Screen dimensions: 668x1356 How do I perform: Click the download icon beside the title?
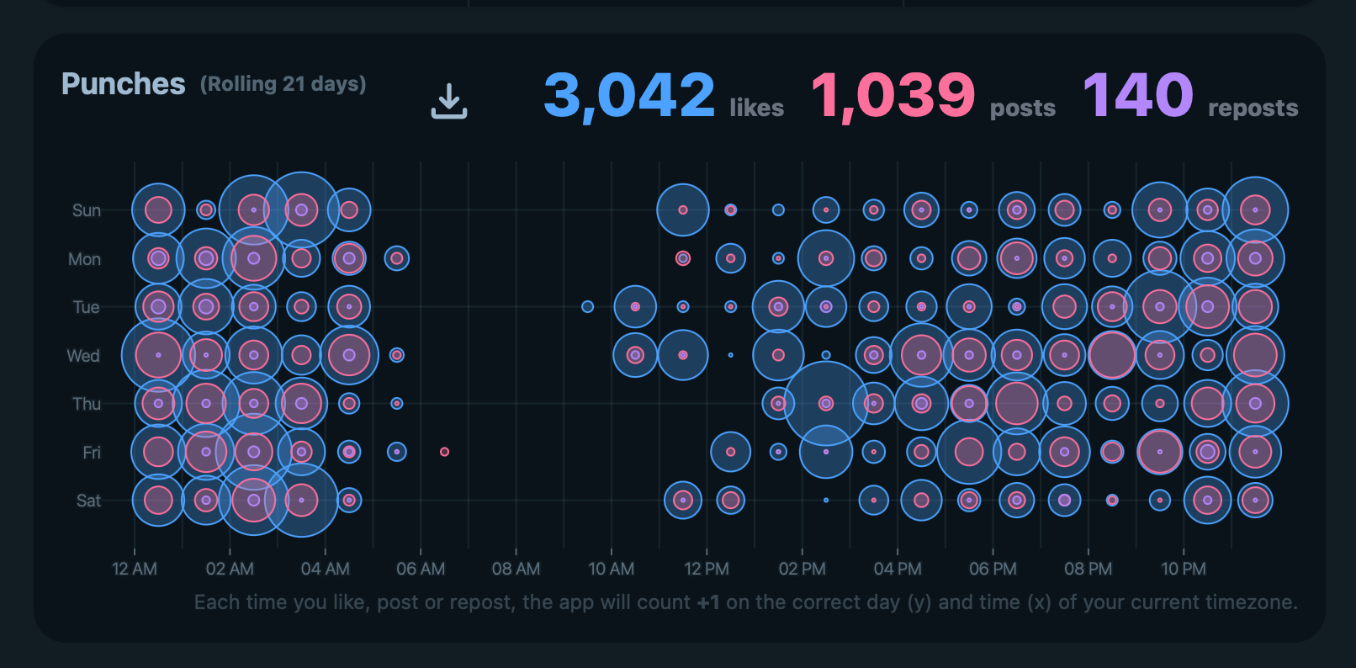pos(449,101)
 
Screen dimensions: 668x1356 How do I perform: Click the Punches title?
pos(124,84)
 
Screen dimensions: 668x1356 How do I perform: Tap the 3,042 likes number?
pos(629,94)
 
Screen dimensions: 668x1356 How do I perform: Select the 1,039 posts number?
pos(893,94)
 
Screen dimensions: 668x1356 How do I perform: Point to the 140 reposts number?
pos(1137,94)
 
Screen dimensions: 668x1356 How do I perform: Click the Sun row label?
pos(87,210)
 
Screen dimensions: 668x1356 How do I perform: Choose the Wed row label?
pos(83,356)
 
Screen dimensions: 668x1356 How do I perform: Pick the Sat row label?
pos(88,501)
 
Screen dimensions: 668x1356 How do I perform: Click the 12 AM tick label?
pos(135,569)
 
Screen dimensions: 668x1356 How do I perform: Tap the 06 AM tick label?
pos(421,569)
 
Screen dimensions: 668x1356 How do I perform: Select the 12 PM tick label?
pos(707,569)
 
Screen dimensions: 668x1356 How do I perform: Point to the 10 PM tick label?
pos(1184,569)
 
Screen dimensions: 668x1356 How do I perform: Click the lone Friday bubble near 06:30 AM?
pos(444,452)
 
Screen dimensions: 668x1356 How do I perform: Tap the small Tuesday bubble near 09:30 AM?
pos(587,306)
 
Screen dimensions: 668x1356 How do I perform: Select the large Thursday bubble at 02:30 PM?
pos(826,404)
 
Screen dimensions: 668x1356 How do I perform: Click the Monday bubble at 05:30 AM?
pos(397,258)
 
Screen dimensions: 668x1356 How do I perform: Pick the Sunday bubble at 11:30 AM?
pos(683,209)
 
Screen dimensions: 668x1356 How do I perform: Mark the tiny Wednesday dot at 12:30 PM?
pos(730,355)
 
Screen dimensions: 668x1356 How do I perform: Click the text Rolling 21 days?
pos(283,84)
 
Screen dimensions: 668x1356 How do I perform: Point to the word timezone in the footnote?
pos(1252,602)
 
